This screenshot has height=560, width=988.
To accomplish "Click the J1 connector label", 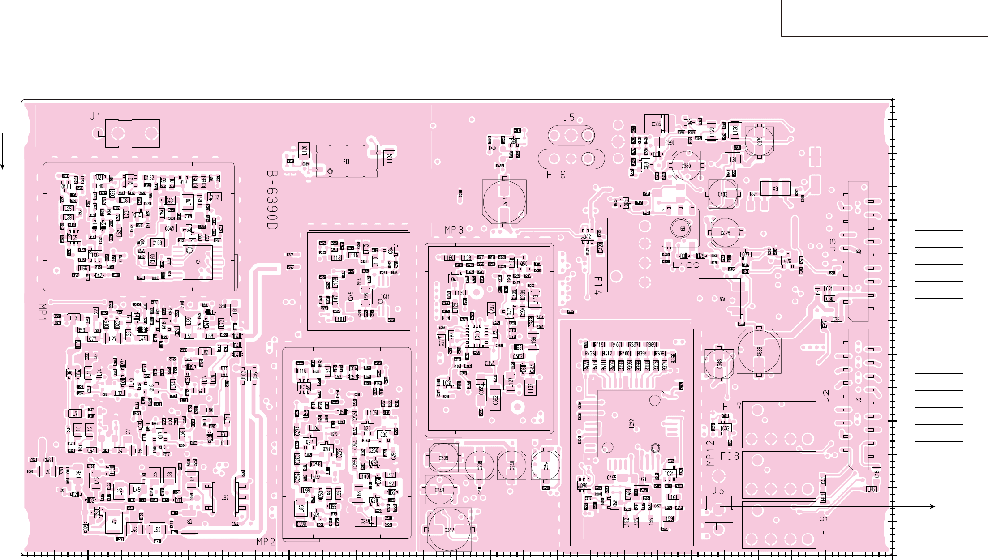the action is [x=95, y=116].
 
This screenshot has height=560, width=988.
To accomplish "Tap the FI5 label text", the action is [x=565, y=118].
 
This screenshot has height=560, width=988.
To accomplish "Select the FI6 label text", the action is [x=556, y=175].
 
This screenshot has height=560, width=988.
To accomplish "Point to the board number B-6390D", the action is [x=272, y=200].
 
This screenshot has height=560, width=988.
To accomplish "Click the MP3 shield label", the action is [x=454, y=230].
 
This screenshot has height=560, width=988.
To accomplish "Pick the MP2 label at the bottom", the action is [x=266, y=542].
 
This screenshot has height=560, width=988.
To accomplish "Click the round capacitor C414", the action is [x=504, y=201].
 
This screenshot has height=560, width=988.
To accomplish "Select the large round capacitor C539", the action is [x=759, y=351].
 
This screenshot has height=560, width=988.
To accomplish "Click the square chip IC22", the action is [x=631, y=423].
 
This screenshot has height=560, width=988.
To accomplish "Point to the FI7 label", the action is [x=732, y=407].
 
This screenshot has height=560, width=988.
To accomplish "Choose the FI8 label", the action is [x=730, y=456].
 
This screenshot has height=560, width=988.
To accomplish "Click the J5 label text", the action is [x=718, y=491].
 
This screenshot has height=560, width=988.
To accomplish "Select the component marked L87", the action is [x=225, y=497].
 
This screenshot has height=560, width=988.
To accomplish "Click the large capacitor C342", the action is [x=449, y=530].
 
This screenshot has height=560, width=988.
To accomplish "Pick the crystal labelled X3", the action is [x=775, y=189].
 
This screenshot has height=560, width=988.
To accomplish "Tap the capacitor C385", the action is [x=656, y=124].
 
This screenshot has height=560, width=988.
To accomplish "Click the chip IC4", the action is [x=198, y=262].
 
